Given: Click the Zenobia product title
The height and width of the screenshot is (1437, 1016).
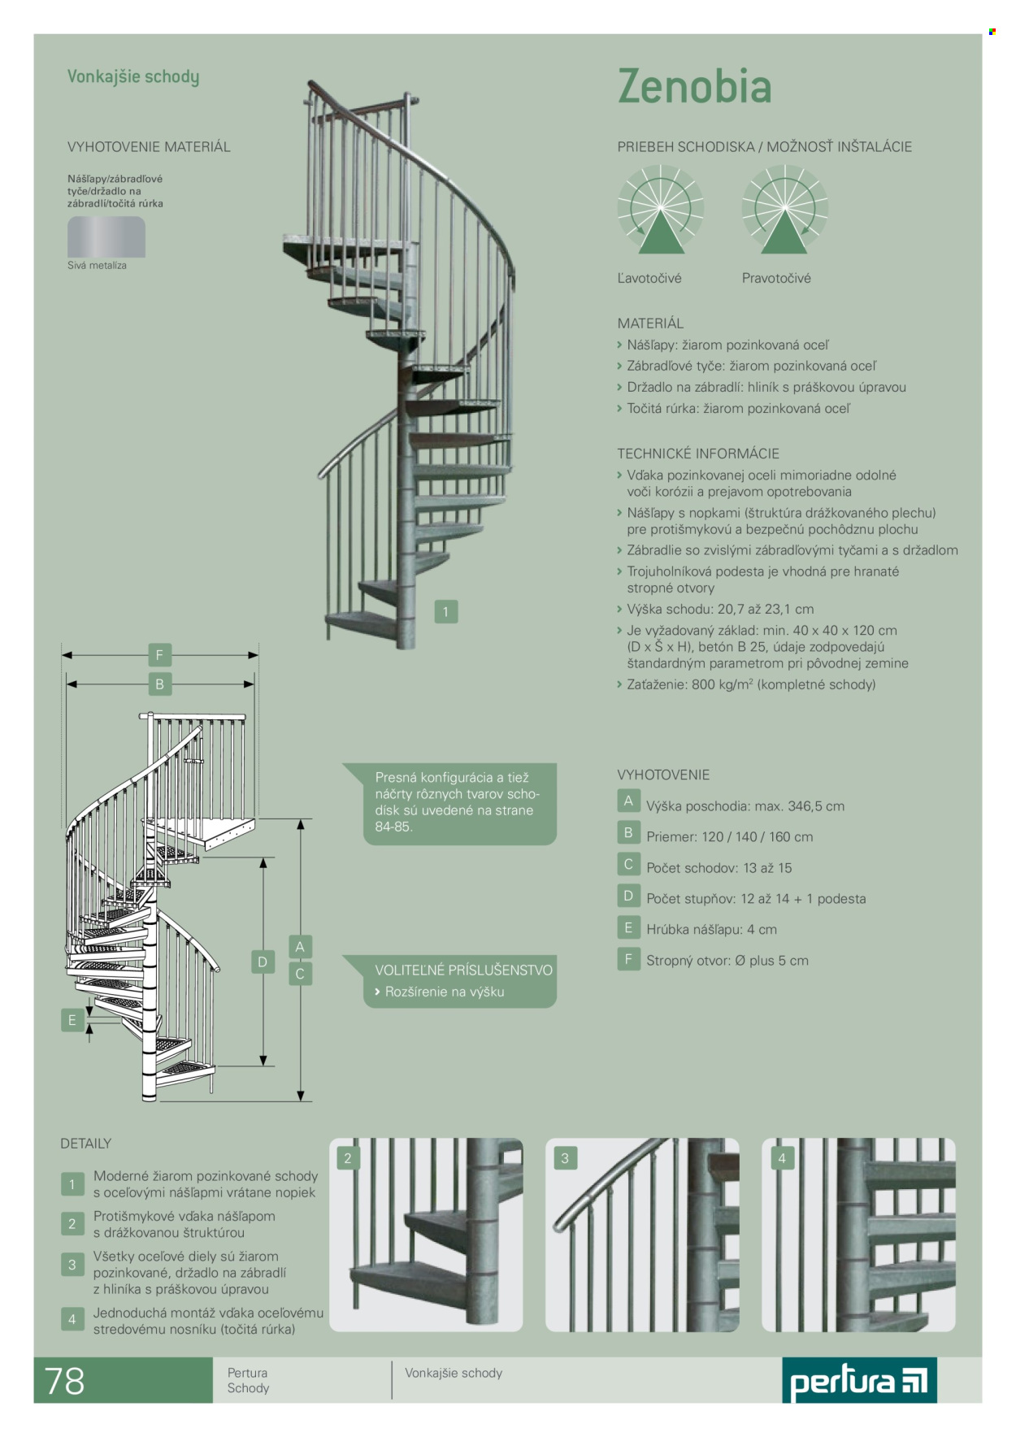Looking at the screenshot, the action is pos(694,86).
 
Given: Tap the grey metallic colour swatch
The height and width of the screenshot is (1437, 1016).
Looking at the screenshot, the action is pos(106,237).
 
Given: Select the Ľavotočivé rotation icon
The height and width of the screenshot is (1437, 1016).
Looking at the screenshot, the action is pos(660,209).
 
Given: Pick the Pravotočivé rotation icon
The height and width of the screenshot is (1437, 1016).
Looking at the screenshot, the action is pos(784,209).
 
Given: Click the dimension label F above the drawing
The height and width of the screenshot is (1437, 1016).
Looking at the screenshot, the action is pos(159,655).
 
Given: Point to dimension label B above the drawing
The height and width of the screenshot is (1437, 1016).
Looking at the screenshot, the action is pos(159,684).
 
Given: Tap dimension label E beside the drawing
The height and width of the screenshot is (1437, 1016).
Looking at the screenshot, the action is pos(72,1021).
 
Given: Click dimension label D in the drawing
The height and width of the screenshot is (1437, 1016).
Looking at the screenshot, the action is pos(263,962).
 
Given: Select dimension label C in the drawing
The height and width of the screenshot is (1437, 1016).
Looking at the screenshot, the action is pos(300,974).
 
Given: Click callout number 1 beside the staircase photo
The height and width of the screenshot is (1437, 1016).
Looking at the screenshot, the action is pos(445,612).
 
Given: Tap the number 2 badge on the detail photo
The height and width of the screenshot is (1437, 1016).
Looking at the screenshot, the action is pos(348,1158).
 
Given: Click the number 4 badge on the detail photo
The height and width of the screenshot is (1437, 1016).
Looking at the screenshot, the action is pos(782,1158).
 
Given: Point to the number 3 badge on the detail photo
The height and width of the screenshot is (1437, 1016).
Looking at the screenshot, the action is pos(565,1158).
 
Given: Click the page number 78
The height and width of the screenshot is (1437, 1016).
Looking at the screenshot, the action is pos(64,1381).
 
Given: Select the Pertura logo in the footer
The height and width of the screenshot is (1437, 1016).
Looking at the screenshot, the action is pos(859,1381).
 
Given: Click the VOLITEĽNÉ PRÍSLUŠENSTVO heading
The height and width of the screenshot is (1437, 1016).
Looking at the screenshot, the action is pos(463,970).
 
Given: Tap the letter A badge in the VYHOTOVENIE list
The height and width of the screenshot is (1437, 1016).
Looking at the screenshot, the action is pos(628,801).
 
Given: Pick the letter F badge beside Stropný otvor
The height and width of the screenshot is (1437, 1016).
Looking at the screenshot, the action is pos(628,960).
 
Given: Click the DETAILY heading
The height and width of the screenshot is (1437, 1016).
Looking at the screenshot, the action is pos(85,1144).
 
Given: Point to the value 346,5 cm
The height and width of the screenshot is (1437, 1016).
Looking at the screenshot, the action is pos(816,806).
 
